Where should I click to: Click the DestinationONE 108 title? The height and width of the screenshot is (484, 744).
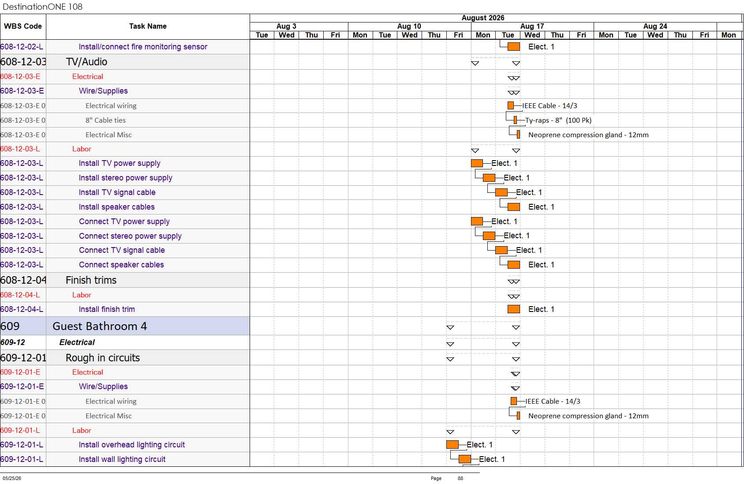[42, 7]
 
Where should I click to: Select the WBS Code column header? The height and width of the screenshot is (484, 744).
[23, 26]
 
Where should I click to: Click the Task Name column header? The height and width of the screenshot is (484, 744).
[148, 26]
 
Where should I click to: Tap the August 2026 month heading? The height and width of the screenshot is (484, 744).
[482, 18]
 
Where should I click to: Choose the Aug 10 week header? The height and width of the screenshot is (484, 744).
[409, 26]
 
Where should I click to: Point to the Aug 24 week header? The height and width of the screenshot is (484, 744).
[655, 26]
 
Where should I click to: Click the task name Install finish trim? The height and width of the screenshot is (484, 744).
[107, 309]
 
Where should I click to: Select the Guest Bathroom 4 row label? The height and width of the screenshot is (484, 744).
[100, 326]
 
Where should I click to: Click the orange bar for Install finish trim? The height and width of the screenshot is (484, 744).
[513, 309]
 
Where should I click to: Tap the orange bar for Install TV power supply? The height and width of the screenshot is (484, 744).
[477, 163]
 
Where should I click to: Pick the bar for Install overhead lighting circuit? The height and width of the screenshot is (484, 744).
[452, 444]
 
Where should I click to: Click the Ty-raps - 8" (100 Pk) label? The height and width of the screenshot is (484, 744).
[558, 120]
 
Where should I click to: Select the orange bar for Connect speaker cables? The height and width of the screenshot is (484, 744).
[513, 265]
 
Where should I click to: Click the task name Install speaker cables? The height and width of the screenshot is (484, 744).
[116, 207]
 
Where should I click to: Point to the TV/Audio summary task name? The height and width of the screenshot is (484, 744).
[86, 62]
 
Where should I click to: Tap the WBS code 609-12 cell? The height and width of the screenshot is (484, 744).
[13, 342]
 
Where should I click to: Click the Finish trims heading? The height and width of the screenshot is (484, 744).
[91, 280]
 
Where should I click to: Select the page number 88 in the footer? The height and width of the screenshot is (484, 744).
[460, 478]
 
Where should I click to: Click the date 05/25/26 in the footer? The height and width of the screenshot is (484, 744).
[12, 478]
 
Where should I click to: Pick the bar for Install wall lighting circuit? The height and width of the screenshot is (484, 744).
[464, 459]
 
